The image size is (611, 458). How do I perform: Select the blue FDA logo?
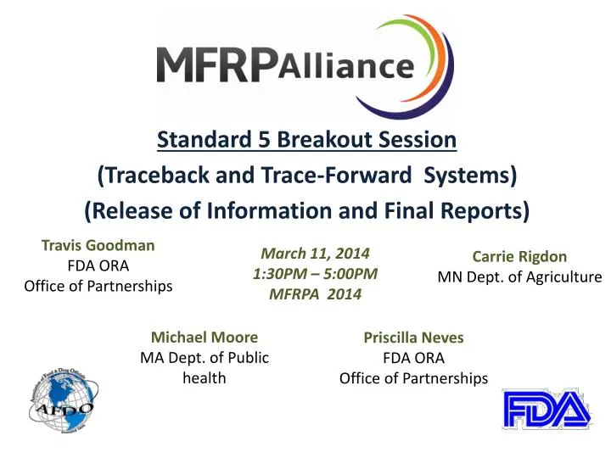(x=546, y=410)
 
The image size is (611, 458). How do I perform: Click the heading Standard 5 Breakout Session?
(x=307, y=138)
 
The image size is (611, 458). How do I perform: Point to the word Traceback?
(x=151, y=175)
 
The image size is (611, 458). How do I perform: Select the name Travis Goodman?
(x=98, y=245)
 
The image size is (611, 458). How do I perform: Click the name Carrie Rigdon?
(x=519, y=256)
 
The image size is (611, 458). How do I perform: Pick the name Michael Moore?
(x=204, y=337)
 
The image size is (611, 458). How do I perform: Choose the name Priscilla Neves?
(x=413, y=337)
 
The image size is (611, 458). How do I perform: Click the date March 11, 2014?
(x=315, y=253)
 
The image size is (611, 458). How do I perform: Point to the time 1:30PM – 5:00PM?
(x=315, y=273)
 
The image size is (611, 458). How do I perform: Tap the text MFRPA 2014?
(x=315, y=293)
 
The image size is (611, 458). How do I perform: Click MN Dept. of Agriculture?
(x=519, y=276)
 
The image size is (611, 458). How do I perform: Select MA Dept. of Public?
(x=204, y=357)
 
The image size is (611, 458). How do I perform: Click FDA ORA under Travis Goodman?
(x=98, y=265)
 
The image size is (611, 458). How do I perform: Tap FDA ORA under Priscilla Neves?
(x=413, y=357)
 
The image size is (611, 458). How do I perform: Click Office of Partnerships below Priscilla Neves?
(x=413, y=377)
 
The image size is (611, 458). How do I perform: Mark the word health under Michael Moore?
(x=204, y=377)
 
